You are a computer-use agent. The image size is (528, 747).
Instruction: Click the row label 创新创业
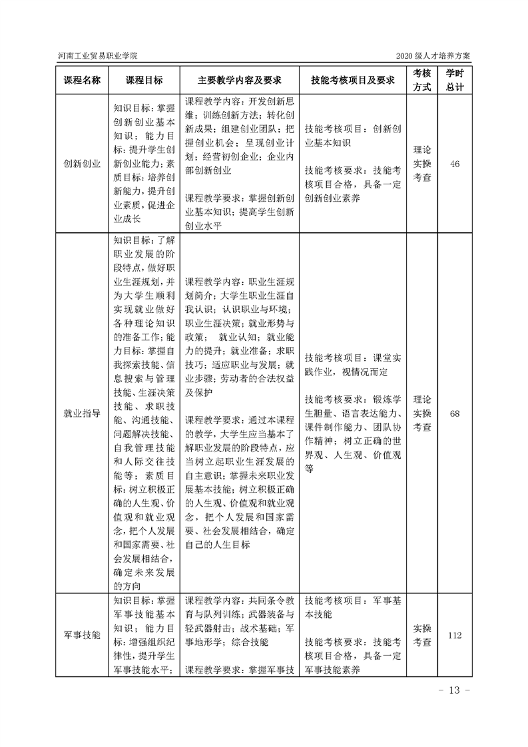pos(82,164)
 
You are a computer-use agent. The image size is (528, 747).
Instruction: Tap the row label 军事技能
pos(82,635)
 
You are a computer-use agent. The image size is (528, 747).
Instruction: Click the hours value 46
pos(455,164)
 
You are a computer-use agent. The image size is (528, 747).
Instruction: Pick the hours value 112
pos(455,635)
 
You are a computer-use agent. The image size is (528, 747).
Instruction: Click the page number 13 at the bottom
pos(455,689)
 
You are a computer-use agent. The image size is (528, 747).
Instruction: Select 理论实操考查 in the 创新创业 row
pos(421,164)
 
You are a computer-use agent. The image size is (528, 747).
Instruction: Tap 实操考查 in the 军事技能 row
pos(421,635)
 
